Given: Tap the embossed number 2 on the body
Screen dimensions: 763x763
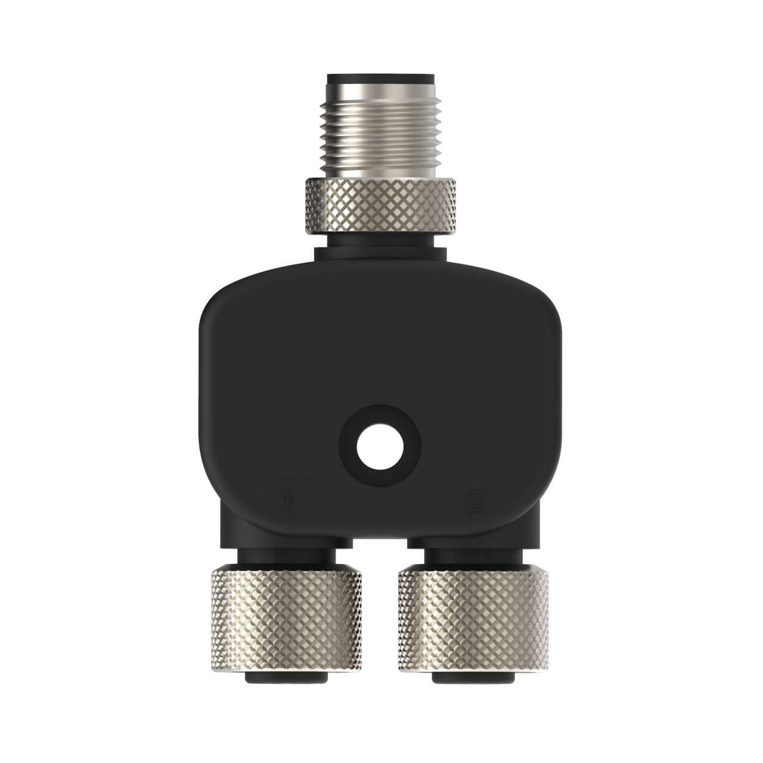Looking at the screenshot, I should click(x=473, y=502).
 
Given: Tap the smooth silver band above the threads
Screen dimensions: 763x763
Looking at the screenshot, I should click(x=380, y=95).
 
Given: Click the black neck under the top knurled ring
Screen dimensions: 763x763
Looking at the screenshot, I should click(x=380, y=244).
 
